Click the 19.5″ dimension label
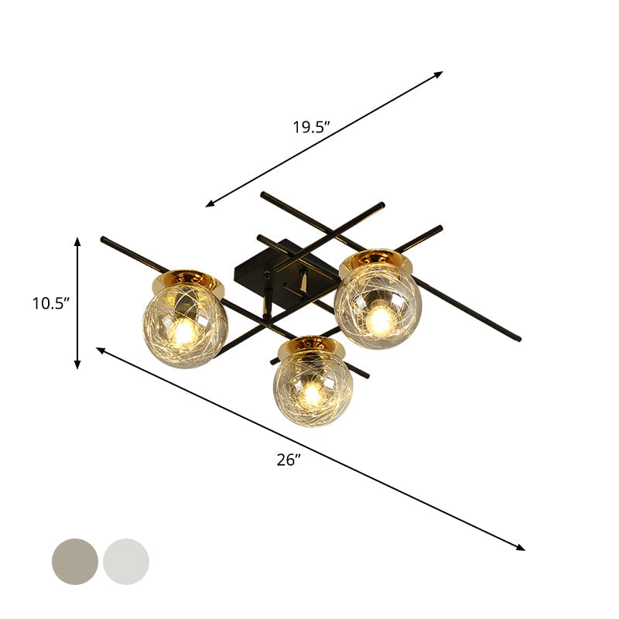[x=311, y=128]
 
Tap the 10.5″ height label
[x=51, y=303]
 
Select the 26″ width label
[x=288, y=460]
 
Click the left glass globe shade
[x=185, y=326]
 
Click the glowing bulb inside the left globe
[x=183, y=333]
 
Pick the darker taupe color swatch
[x=75, y=561]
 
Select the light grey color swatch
[x=126, y=561]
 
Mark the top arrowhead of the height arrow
[x=77, y=241]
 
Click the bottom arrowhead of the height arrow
[x=77, y=364]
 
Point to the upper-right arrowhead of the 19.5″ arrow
[x=439, y=74]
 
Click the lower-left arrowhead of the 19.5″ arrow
[x=210, y=204]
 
